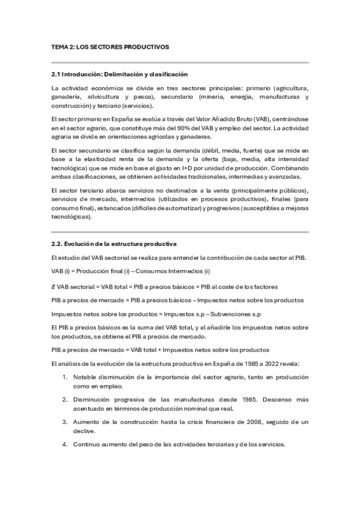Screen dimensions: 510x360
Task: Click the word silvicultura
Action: pos(103,97)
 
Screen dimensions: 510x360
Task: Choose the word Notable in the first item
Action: pos(85,376)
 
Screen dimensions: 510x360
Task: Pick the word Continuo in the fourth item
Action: pos(88,444)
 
